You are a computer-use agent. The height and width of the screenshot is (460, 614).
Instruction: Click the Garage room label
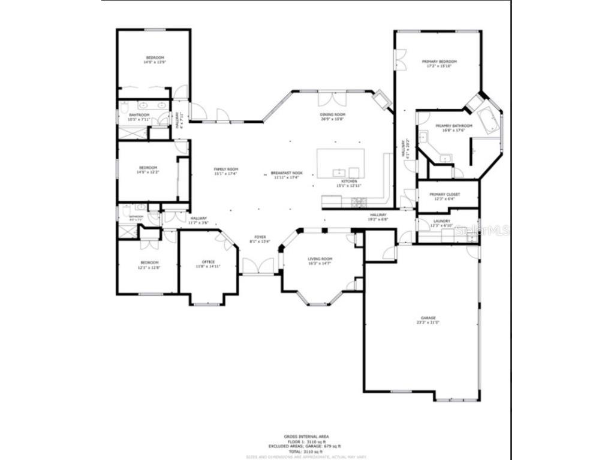[x=428, y=318]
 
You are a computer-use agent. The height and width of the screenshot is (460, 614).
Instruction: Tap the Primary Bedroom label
[x=439, y=62]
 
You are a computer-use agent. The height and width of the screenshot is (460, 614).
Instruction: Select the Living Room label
[x=320, y=259]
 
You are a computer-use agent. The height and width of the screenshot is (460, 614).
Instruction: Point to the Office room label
[x=208, y=262]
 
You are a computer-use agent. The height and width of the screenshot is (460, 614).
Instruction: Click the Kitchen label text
[x=349, y=181]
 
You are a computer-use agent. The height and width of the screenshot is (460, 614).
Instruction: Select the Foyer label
[x=260, y=237]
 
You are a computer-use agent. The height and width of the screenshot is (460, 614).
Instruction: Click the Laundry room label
[x=441, y=221]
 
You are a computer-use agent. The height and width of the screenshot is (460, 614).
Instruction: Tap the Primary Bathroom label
[x=453, y=126]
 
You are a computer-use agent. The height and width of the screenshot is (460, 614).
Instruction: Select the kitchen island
[x=341, y=163]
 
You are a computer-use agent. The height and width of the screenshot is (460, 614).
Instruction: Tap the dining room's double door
[x=332, y=98]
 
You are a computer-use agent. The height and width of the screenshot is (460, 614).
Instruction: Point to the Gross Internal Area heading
[x=306, y=436]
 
